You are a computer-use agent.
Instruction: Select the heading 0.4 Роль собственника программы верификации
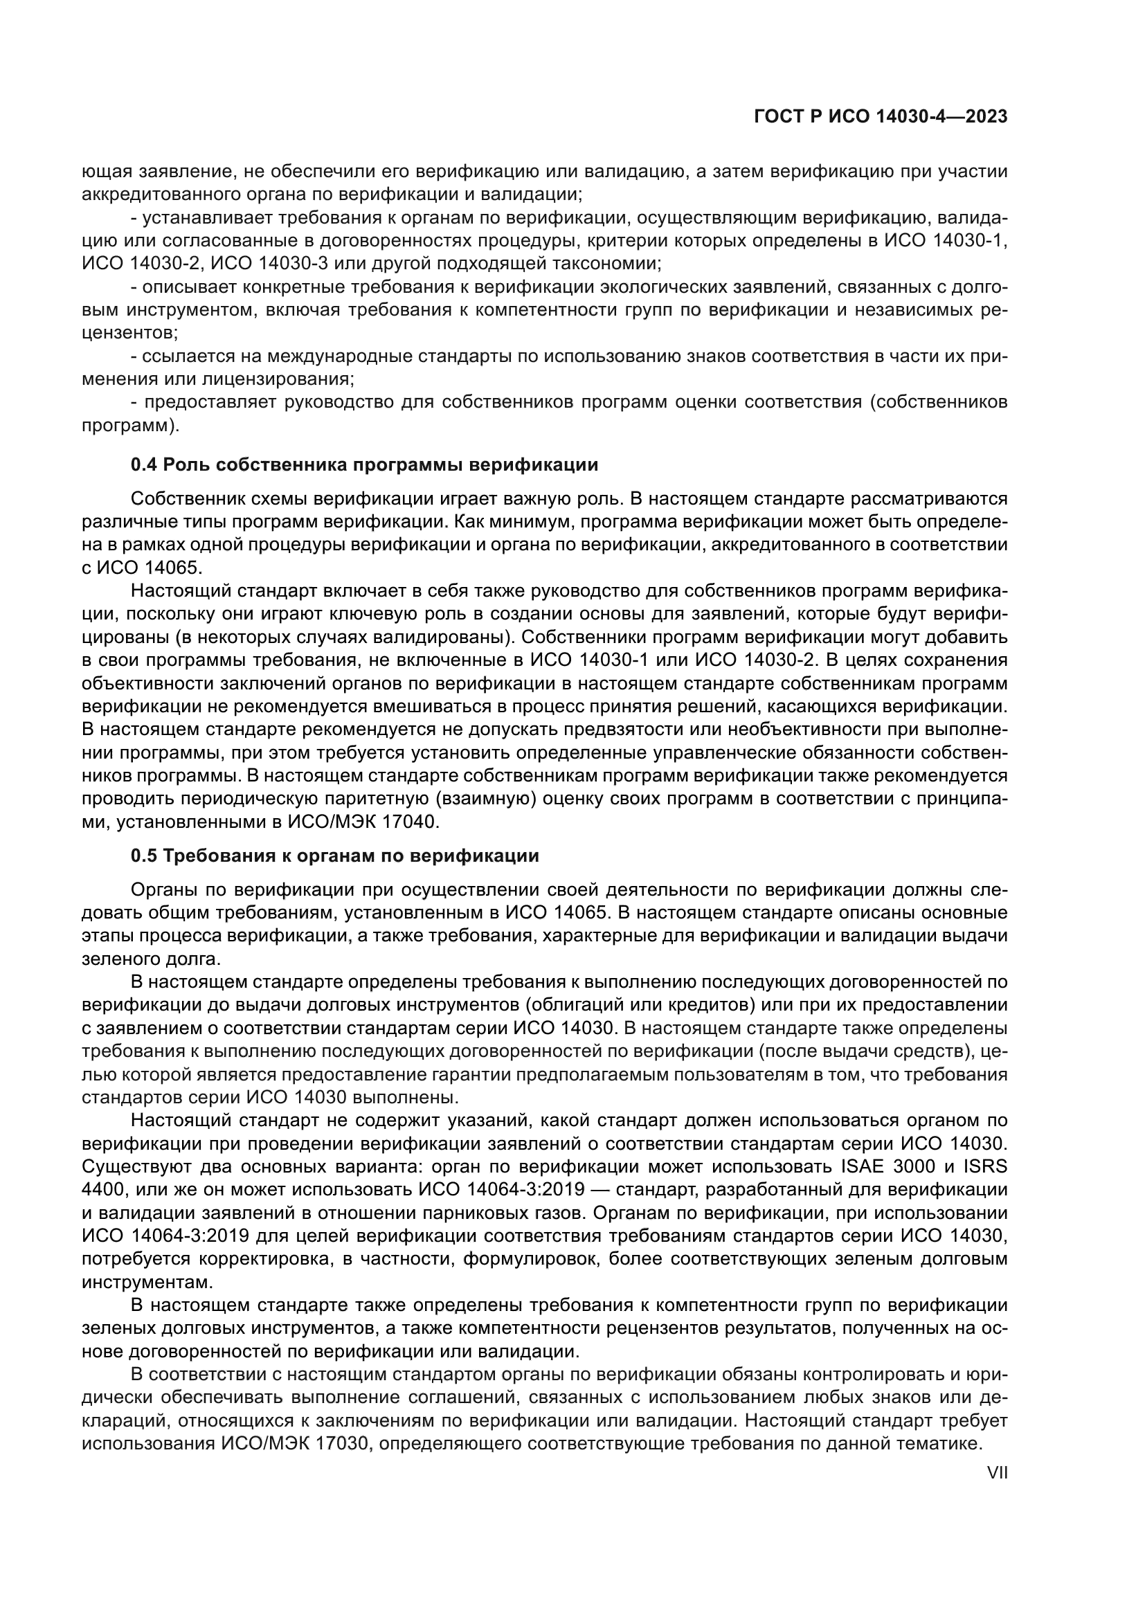pyautogui.click(x=365, y=464)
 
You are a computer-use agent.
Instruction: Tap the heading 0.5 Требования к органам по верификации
pyautogui.click(x=335, y=856)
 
